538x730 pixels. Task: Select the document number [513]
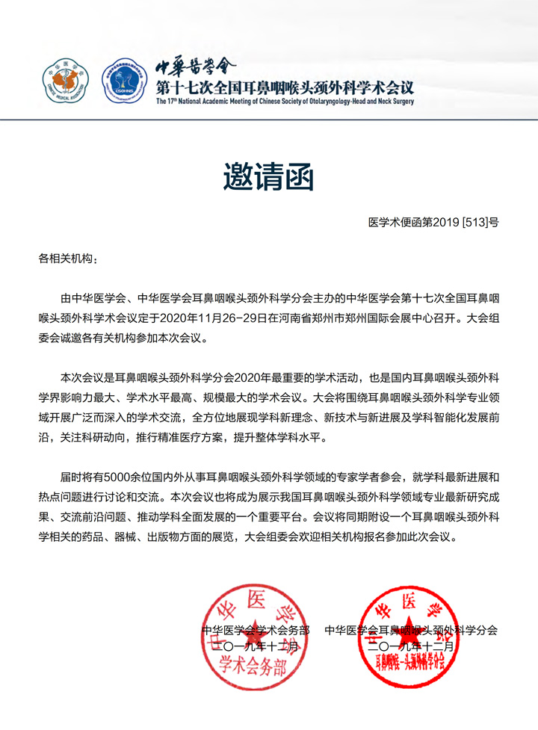476,223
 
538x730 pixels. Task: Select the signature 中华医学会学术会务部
256,630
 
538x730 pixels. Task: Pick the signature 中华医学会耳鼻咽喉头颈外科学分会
411,630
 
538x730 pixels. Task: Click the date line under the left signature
256,646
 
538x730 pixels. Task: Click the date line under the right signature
411,646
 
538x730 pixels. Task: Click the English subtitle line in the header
285,101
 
